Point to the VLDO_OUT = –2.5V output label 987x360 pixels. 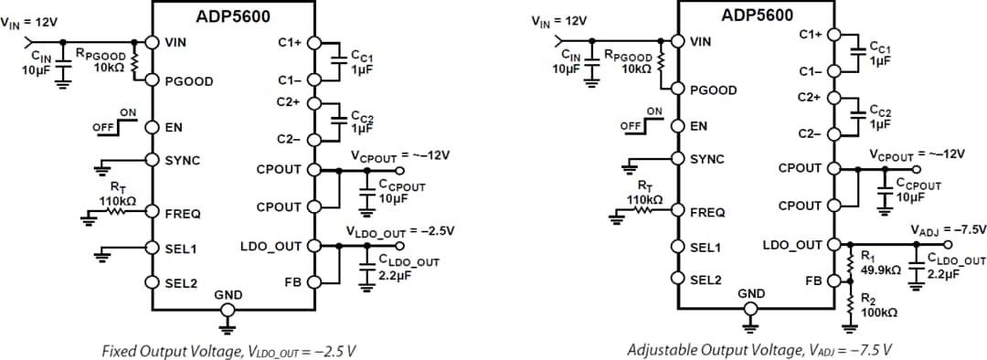tap(399, 230)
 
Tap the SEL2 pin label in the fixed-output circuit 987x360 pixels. tap(181, 282)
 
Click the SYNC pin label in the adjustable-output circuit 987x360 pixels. tap(706, 159)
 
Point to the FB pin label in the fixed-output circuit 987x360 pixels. tap(292, 282)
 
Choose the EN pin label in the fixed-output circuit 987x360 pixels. tap(174, 127)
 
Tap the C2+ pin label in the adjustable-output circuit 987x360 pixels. tap(810, 95)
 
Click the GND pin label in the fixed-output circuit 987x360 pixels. tap(228, 295)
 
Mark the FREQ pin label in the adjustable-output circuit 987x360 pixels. tap(706, 212)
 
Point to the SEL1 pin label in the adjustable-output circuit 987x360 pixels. tap(706, 247)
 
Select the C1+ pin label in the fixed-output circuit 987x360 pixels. tap(290, 41)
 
